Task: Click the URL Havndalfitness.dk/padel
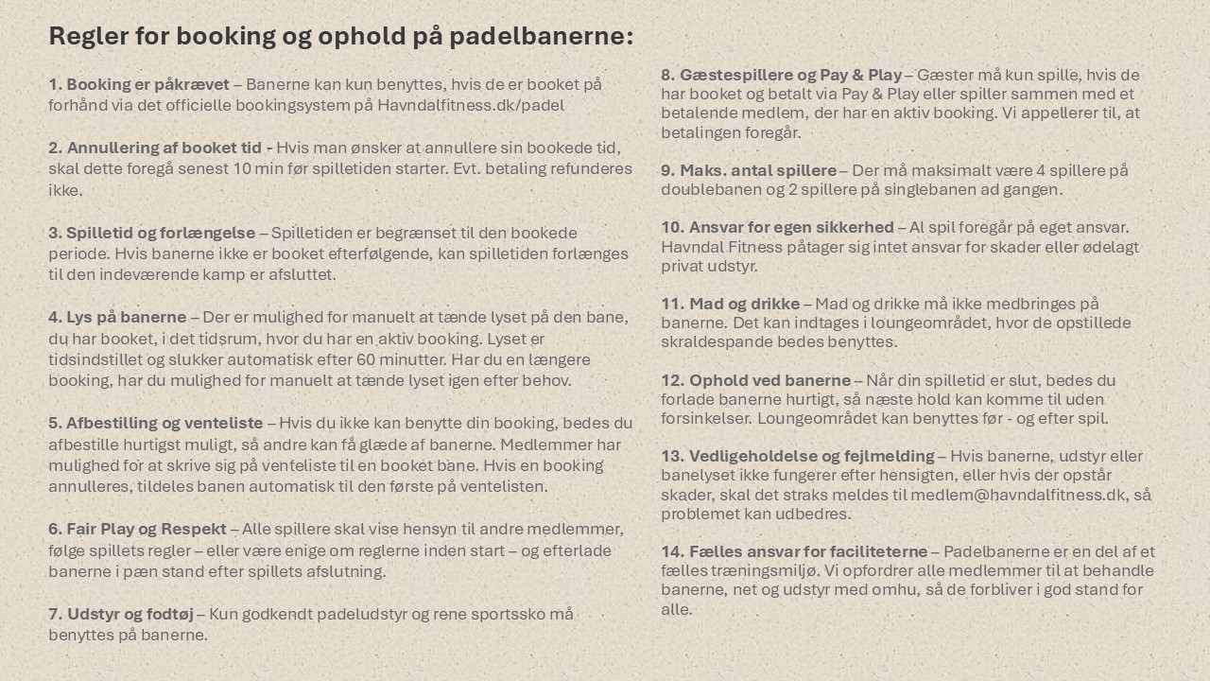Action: pyautogui.click(x=471, y=105)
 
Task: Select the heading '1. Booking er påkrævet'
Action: pyautogui.click(x=139, y=84)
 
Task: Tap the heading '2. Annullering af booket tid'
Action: pyautogui.click(x=161, y=148)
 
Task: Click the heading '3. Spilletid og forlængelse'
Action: pyautogui.click(x=152, y=233)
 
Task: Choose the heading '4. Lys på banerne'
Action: pyautogui.click(x=117, y=317)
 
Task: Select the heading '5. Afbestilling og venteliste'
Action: pyautogui.click(x=156, y=423)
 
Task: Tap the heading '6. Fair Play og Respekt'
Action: pyautogui.click(x=138, y=529)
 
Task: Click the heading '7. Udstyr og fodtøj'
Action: pyautogui.click(x=121, y=614)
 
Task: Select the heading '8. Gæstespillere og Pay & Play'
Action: pyautogui.click(x=782, y=75)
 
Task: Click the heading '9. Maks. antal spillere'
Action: pyautogui.click(x=749, y=170)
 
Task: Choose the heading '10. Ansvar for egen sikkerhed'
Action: pyautogui.click(x=777, y=227)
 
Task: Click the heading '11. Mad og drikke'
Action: pyautogui.click(x=730, y=304)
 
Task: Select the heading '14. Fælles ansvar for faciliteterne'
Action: pyautogui.click(x=794, y=551)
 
